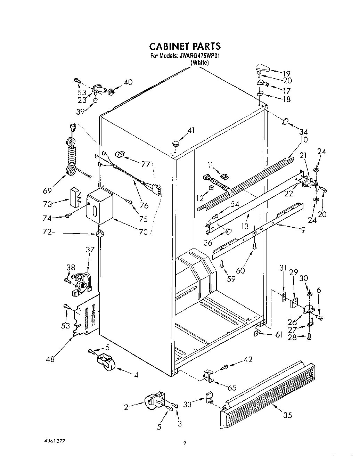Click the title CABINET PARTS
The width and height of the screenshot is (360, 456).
(185, 46)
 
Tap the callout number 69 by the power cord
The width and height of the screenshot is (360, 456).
(48, 190)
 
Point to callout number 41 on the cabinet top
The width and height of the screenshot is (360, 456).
(191, 131)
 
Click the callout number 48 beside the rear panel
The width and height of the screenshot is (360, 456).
(50, 359)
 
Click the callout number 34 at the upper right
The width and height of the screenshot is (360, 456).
(303, 132)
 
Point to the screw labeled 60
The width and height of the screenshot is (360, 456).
(255, 246)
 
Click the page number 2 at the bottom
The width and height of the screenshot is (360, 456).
(185, 443)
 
